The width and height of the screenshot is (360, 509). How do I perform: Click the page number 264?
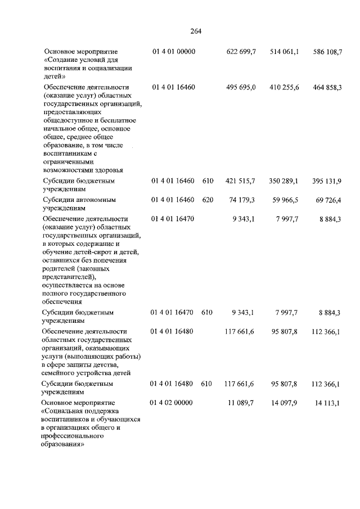pos(196,31)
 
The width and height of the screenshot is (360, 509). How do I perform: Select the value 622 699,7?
pos(241,52)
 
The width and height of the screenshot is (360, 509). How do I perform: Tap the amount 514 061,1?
pos(284,52)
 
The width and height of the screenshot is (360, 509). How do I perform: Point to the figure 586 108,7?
pos(327,52)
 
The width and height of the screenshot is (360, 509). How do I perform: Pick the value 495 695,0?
pos(241,88)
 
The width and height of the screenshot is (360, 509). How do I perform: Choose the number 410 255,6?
pos(284,88)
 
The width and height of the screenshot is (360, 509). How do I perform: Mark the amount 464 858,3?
pos(327,88)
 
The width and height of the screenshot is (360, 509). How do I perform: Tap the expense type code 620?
pos(207,200)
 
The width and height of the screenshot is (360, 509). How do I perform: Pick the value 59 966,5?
pos(286,200)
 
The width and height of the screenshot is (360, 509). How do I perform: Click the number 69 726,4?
pos(330,200)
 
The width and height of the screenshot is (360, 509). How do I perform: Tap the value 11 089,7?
pos(243,403)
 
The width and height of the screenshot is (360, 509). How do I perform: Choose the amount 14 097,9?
pos(286,403)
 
